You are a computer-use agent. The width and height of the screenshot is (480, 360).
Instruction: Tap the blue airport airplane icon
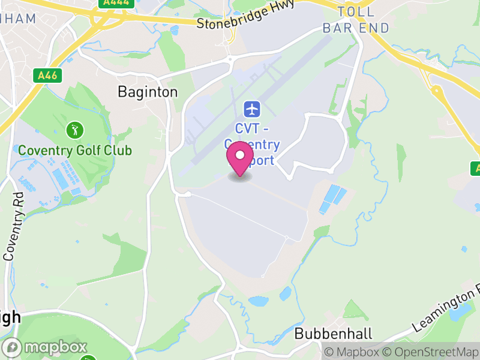point(251,109)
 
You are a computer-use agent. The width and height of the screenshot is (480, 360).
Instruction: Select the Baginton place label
point(148,92)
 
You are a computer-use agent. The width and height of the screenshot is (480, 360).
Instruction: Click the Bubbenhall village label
point(334,334)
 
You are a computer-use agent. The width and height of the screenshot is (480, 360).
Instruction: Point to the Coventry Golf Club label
point(75,150)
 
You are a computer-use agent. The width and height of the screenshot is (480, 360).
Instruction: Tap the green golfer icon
point(74,129)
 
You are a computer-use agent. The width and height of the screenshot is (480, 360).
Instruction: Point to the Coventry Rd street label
point(13,226)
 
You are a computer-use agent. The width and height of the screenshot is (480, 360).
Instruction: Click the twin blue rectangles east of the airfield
point(332,199)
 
